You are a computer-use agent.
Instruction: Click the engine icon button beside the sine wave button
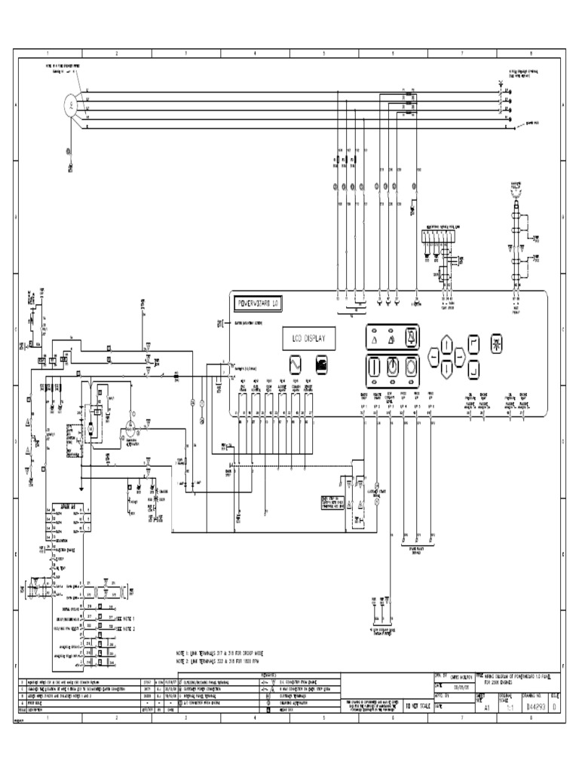[321, 363]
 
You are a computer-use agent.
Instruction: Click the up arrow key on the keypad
[446, 346]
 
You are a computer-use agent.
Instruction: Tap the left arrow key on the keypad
[433, 357]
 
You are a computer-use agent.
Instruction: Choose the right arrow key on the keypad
[459, 357]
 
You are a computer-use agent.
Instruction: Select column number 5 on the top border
[323, 54]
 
